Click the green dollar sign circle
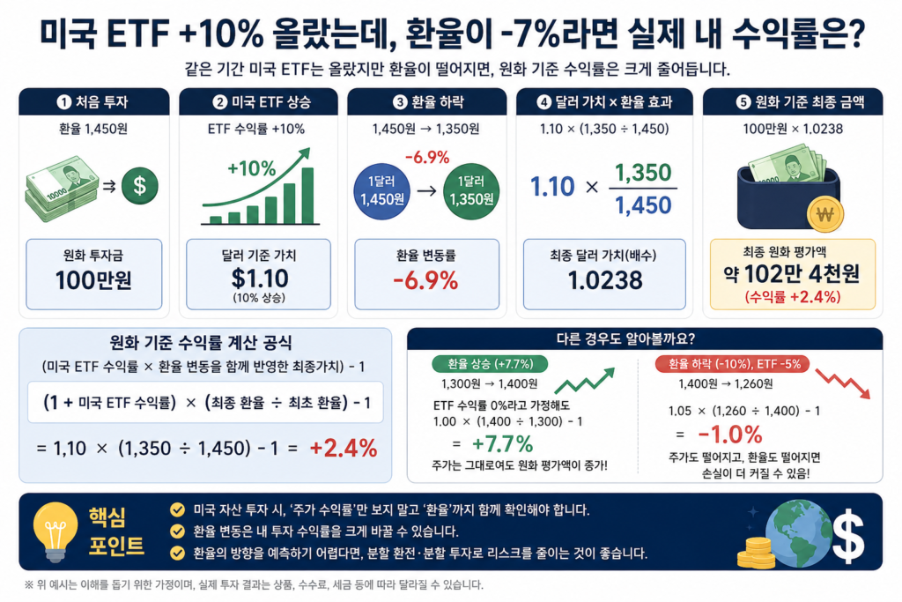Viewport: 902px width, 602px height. [x=139, y=186]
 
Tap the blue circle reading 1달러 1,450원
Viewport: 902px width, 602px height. [x=382, y=191]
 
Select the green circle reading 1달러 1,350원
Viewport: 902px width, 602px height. [x=471, y=191]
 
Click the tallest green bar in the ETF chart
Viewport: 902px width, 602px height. [x=307, y=195]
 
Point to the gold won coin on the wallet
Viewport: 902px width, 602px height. [x=824, y=214]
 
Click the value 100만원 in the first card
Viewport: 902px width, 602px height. [x=93, y=280]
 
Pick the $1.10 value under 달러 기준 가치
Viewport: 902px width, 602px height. [x=260, y=279]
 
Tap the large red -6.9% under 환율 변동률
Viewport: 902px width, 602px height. [x=425, y=281]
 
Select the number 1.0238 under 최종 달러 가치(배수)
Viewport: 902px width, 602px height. [x=604, y=280]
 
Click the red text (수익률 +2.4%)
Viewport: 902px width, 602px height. [x=793, y=297]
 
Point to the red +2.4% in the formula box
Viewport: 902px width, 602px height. [x=344, y=449]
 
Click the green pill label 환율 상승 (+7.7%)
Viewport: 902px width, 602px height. [x=490, y=364]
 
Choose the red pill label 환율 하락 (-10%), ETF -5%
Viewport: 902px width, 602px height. [x=732, y=364]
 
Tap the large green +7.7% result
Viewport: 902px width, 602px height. [x=502, y=443]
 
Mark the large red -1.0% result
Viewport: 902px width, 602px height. [x=730, y=434]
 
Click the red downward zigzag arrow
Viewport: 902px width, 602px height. [x=843, y=383]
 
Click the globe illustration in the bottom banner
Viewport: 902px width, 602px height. [x=800, y=533]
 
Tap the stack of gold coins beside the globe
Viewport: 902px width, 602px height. [x=755, y=553]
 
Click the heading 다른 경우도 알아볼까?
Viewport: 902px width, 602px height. [x=625, y=338]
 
